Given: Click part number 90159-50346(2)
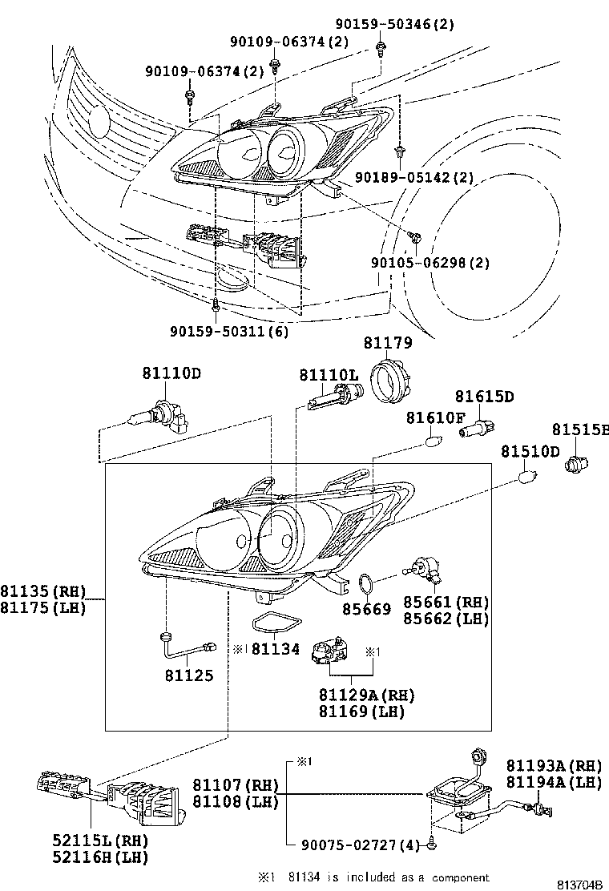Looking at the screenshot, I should (395, 24).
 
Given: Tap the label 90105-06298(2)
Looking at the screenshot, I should (430, 262).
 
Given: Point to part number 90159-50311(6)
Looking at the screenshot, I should (229, 329).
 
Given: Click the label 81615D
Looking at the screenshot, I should (484, 396).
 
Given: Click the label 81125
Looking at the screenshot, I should (190, 675).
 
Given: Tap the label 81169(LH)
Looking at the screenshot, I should (361, 711).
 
